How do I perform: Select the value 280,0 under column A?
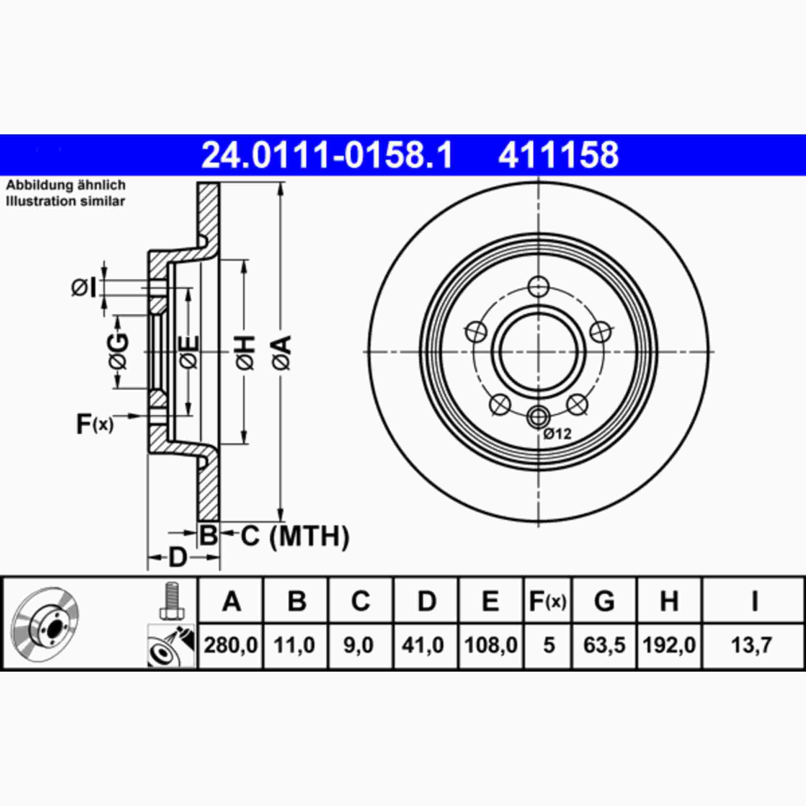pos(231,645)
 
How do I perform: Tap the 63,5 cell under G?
pos(604,645)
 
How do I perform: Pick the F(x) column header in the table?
pos(548,602)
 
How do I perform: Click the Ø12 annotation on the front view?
pos(557,434)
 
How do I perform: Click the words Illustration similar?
pos(65,201)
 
